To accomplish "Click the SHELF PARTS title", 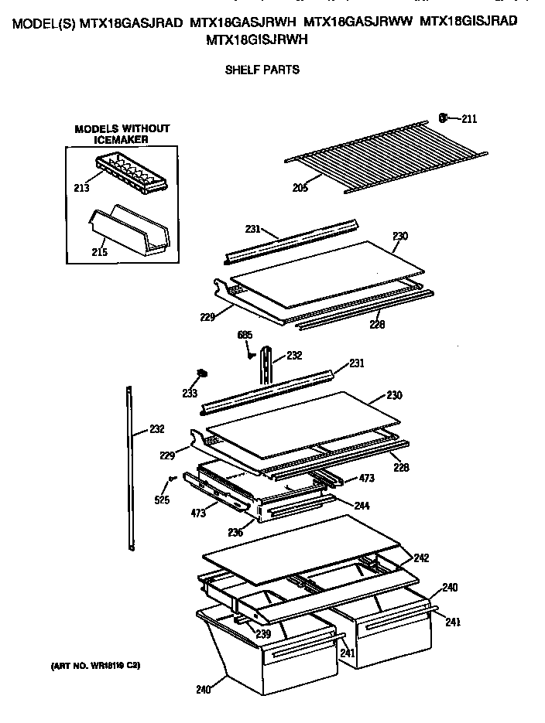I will click(262, 70).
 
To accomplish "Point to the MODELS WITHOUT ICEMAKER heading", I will click(122, 134).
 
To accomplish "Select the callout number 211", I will click(469, 118).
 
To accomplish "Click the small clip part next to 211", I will click(444, 118).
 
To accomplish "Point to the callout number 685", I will click(245, 335).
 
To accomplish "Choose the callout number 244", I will click(362, 506).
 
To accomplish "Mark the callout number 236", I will click(235, 533).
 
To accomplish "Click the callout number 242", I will click(420, 558).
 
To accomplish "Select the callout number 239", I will click(262, 634).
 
